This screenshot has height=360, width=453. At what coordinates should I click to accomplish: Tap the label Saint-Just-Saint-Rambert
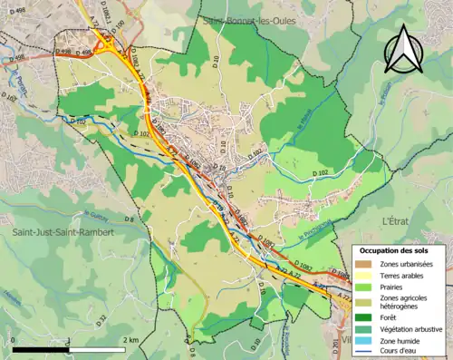[62, 233]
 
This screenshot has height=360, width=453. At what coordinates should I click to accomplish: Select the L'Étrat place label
[398, 220]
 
